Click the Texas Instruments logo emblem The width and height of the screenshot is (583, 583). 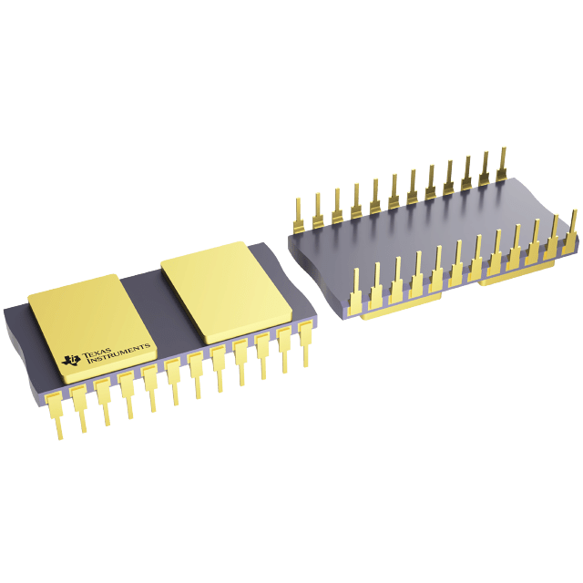click(x=71, y=359)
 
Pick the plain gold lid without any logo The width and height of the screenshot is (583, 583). click(x=226, y=292)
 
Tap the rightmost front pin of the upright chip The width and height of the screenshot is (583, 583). click(x=305, y=343)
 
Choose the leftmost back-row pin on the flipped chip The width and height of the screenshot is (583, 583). click(x=299, y=215)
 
